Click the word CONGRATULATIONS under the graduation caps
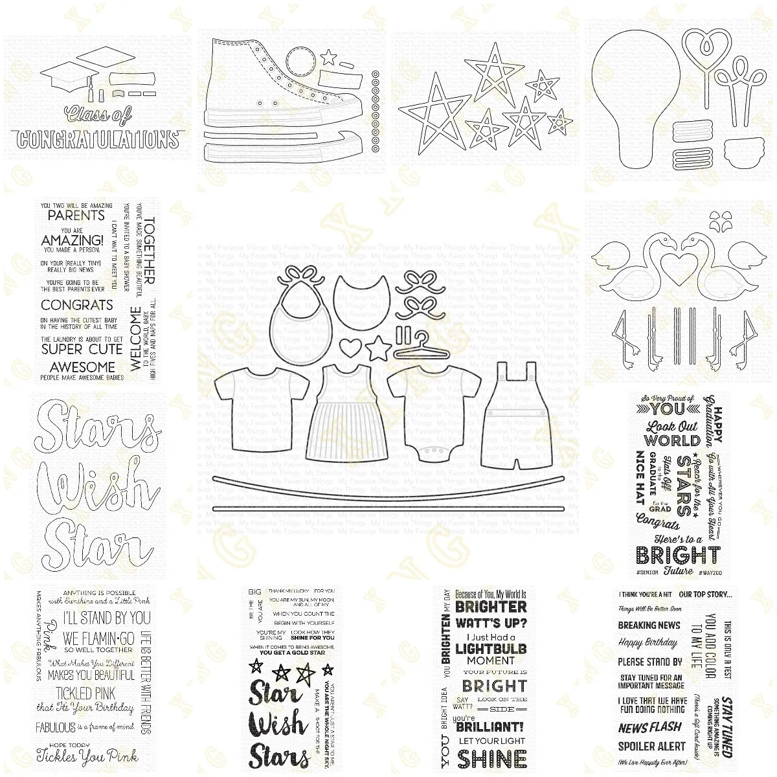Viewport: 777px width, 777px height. pos(98,139)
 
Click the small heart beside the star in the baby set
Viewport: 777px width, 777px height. pos(350,345)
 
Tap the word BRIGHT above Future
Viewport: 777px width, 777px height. pos(678,555)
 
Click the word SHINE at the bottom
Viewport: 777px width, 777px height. pos(492,757)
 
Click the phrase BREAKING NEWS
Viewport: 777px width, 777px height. pos(649,625)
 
